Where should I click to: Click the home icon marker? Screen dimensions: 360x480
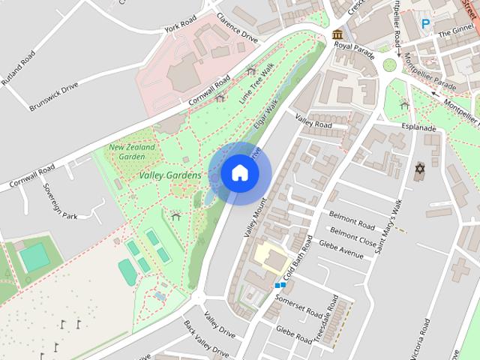[239, 173]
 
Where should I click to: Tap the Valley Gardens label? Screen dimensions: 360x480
[169, 175]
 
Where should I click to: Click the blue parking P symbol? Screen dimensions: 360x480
[426, 24]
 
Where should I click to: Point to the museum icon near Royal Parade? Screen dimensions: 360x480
[338, 34]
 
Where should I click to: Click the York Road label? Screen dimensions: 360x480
[180, 23]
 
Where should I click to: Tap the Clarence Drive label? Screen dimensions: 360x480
[236, 27]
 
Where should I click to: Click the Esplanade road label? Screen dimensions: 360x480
[418, 128]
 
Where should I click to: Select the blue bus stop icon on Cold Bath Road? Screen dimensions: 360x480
[280, 285]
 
